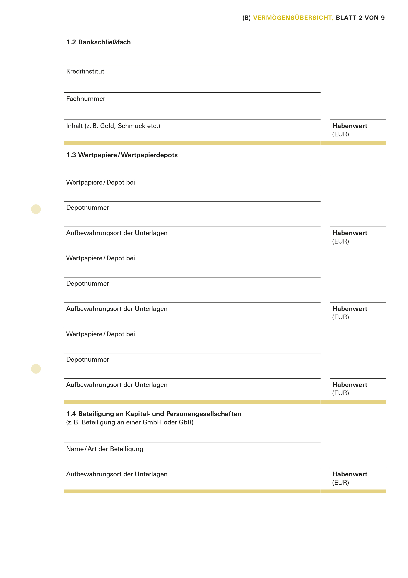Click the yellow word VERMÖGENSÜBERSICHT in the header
point(293,18)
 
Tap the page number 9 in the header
point(383,18)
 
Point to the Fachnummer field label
point(86,99)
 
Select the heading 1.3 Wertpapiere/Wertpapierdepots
point(122,155)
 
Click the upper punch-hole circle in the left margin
point(36,209)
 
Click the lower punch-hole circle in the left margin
point(36,369)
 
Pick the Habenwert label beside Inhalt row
point(349,126)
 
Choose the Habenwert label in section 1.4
point(349,474)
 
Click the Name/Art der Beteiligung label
point(105,449)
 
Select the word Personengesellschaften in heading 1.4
point(204,414)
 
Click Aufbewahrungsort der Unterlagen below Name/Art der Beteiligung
point(117,474)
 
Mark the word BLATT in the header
point(346,18)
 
